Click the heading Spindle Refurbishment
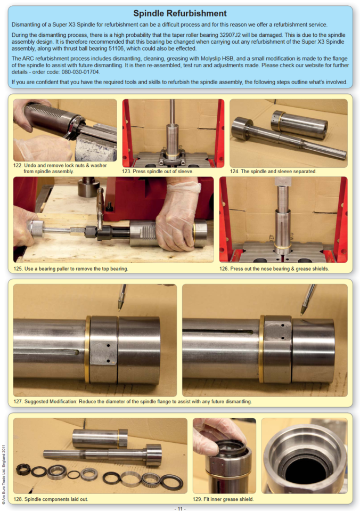179,13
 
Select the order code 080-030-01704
81,71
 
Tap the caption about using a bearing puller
75,269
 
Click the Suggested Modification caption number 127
19,401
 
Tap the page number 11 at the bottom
179,508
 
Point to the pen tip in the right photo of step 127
302,312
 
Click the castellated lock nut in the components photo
23,470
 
